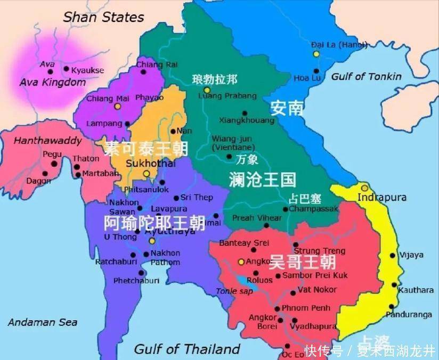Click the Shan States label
tap(103, 17)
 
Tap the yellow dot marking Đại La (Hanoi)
tap(316, 54)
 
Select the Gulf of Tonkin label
tap(366, 77)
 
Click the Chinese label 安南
tap(287, 108)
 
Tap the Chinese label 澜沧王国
tap(262, 179)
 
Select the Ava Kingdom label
tap(52, 83)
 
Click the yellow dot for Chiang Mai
tap(118, 106)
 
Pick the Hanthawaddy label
tap(47, 141)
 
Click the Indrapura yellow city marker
tap(364, 188)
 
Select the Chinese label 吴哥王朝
tap(302, 262)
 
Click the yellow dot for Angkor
tap(241, 261)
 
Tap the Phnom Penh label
tap(306, 308)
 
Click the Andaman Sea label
tap(43, 322)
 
